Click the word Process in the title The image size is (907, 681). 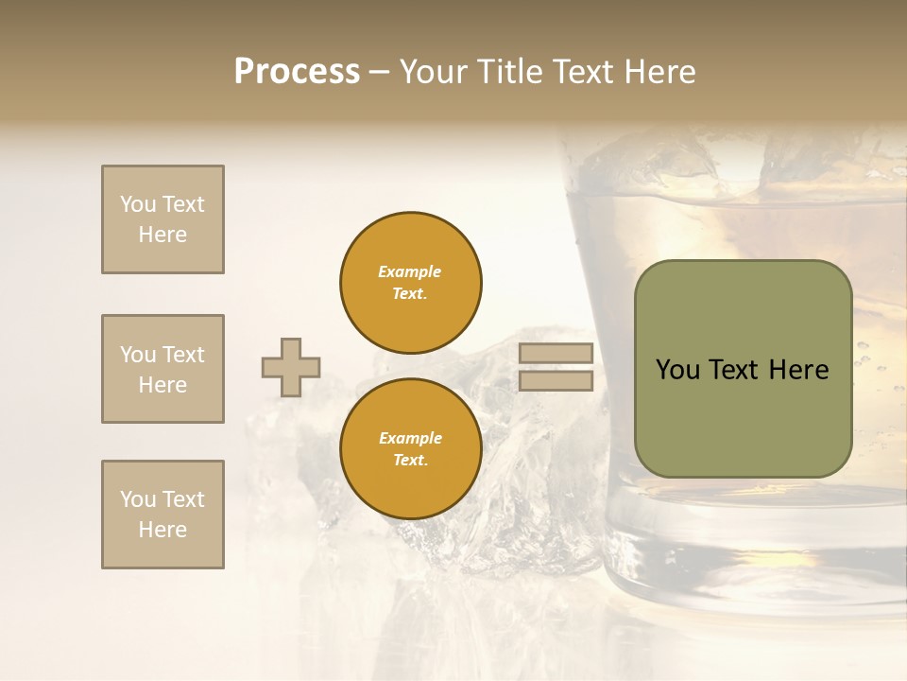(297, 72)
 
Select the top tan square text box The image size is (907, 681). (163, 219)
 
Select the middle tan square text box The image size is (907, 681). (163, 369)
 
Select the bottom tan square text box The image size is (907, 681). (163, 515)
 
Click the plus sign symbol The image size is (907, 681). (291, 367)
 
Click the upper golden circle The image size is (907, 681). (411, 283)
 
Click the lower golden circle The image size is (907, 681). (411, 449)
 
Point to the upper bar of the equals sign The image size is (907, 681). (556, 354)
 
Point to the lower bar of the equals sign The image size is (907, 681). (556, 381)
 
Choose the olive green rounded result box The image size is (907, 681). (744, 369)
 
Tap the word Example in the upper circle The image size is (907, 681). (410, 271)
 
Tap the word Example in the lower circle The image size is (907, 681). (410, 438)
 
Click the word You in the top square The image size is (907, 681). (138, 204)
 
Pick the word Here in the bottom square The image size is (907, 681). (163, 530)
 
